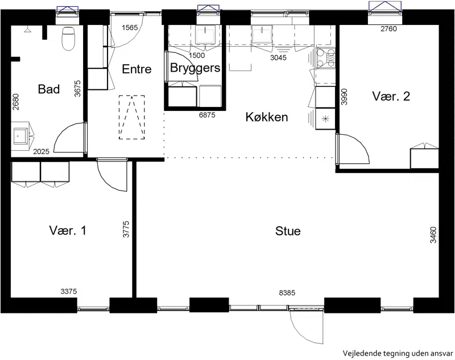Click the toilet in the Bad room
[68, 39]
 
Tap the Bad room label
[49, 89]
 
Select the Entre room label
[136, 69]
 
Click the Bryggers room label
[195, 68]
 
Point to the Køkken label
[267, 117]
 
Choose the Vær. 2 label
[391, 96]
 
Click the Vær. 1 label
[68, 231]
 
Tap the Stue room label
[288, 231]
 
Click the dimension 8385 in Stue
[287, 293]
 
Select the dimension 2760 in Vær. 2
[388, 28]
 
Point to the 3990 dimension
[344, 97]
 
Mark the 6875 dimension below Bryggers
[207, 115]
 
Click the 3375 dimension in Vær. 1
[69, 291]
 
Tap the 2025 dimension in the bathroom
[41, 151]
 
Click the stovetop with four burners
[326, 59]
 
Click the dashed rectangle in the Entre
[132, 117]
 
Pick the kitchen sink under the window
[262, 34]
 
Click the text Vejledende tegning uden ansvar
[398, 354]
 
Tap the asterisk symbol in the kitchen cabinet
[325, 118]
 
